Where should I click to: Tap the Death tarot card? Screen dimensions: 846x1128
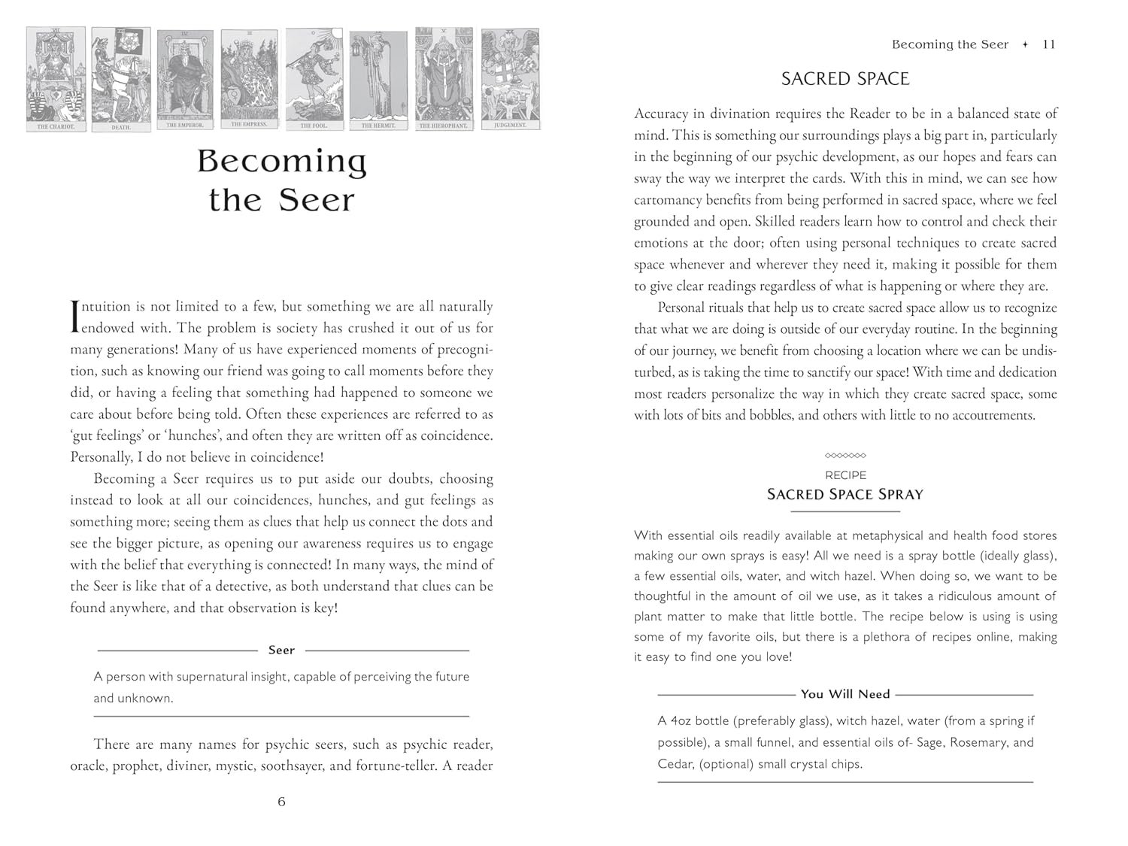121,79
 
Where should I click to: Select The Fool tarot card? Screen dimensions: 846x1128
314,79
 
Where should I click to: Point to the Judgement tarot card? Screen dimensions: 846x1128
510,79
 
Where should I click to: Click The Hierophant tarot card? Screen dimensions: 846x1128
444,79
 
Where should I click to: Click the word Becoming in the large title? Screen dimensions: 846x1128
282,161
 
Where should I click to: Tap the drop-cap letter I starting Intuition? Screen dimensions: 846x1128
74,317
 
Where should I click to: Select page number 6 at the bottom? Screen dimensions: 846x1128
282,802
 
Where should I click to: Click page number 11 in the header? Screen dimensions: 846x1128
1049,44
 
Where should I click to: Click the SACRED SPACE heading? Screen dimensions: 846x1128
845,79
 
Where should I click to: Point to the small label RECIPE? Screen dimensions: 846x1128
845,475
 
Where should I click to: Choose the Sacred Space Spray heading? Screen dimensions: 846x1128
845,494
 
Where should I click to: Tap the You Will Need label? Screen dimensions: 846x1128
845,694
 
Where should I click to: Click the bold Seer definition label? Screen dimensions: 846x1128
282,650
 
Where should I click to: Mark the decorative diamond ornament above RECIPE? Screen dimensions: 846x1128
845,456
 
